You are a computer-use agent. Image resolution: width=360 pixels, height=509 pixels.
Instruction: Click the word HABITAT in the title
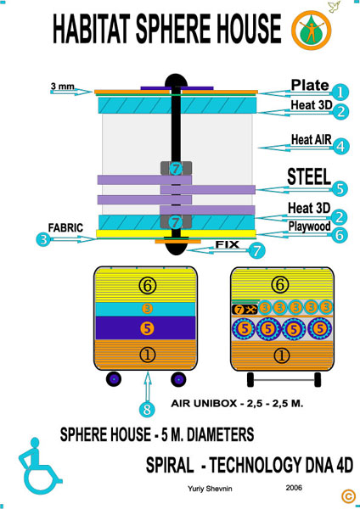92,29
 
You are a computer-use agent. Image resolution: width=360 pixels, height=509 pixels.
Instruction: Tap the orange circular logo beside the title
312,31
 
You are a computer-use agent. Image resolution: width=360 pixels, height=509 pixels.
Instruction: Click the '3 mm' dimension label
62,87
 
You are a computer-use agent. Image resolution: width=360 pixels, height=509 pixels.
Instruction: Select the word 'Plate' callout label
310,86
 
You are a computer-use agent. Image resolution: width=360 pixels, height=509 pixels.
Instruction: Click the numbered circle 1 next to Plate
340,92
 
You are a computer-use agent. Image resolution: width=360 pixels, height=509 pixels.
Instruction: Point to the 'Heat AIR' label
312,140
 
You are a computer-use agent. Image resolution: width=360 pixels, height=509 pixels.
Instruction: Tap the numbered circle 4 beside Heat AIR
340,147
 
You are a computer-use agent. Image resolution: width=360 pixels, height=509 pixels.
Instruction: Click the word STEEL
309,177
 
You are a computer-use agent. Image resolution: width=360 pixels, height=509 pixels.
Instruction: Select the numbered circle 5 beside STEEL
340,188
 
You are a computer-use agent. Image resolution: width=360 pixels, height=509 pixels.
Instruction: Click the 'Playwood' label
310,227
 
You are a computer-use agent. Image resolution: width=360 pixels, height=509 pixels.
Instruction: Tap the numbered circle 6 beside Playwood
340,234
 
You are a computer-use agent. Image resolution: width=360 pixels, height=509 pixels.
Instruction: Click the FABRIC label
65,228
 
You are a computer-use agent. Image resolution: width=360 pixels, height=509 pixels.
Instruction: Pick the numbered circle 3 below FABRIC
43,240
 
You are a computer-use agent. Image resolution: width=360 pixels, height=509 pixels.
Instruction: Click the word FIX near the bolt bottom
228,244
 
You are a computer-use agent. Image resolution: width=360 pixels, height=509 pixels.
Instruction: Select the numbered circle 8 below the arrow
147,410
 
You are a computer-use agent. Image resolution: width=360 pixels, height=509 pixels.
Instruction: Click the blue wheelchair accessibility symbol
39,464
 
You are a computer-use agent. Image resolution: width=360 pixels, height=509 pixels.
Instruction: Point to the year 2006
294,488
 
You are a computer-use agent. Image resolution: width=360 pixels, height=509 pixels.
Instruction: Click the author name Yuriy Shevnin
210,489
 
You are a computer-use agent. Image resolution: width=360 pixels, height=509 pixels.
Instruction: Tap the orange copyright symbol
348,496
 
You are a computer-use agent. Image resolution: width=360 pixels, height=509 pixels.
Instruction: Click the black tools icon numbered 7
245,310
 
